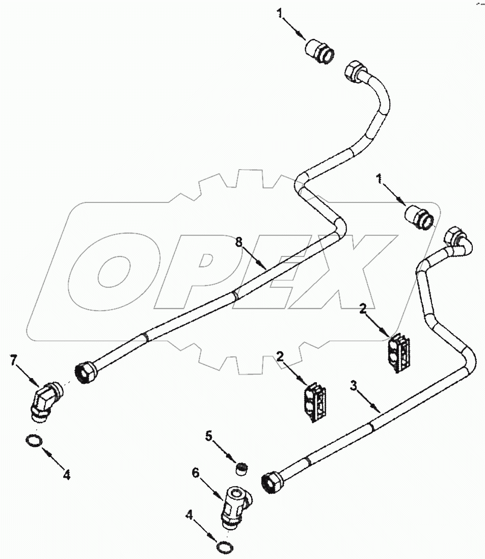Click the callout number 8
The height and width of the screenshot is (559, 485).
[238, 242]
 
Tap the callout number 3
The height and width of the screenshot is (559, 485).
[353, 386]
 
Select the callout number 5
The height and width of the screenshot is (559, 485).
[208, 435]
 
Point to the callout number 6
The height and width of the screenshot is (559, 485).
[196, 473]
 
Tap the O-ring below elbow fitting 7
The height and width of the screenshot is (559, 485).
[34, 441]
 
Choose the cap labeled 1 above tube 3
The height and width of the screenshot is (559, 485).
[419, 217]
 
